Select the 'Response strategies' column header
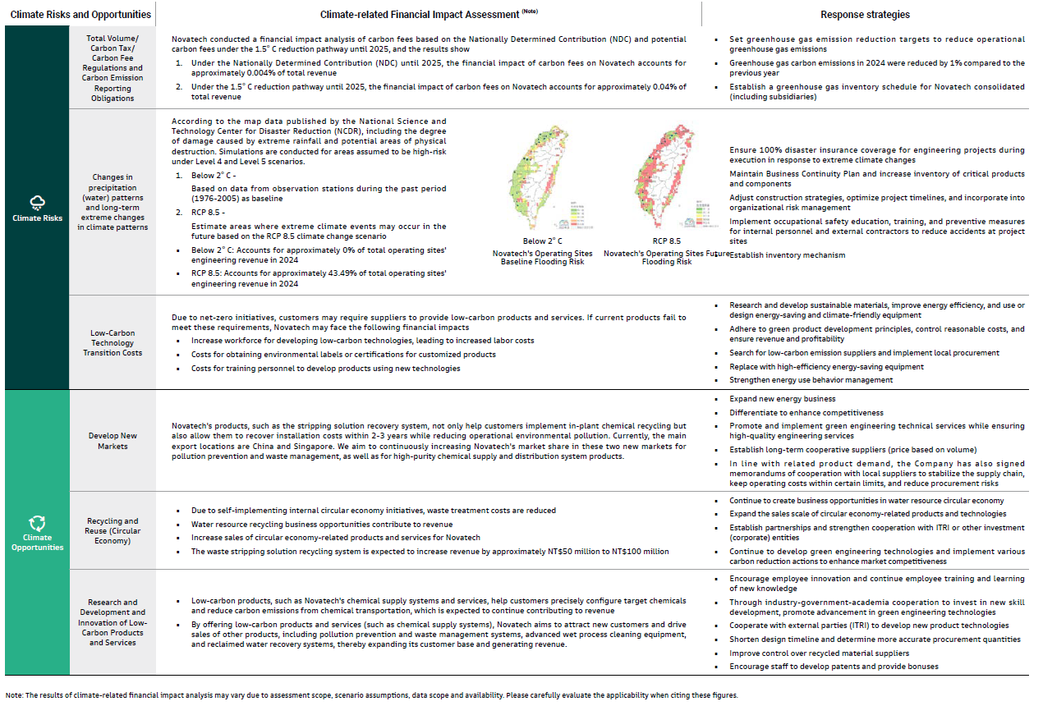865,14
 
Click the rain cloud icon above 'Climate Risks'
37,202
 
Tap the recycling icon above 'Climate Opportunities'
37,523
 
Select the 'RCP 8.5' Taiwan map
666,179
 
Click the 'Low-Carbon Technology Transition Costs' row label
113,343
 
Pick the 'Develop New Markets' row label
113,441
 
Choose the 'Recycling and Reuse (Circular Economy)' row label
113,530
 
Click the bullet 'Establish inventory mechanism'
775,255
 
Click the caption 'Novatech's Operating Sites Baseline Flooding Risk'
543,257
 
